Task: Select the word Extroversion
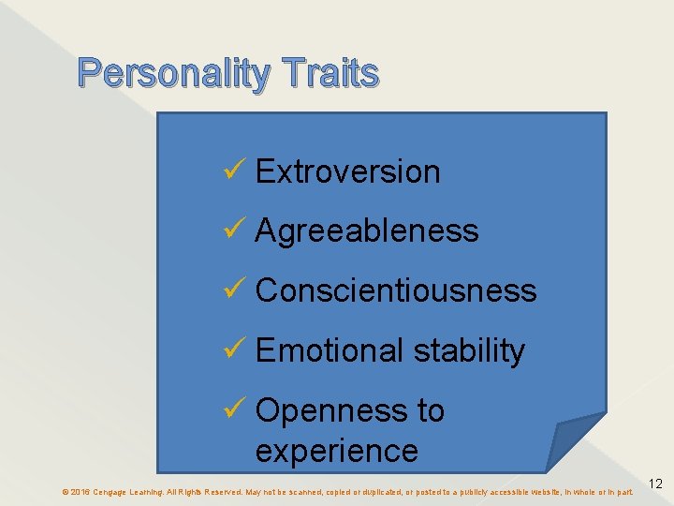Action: point(347,171)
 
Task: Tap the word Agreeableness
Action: point(366,231)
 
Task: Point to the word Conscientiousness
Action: point(396,290)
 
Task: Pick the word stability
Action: point(469,350)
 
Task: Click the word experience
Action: point(336,451)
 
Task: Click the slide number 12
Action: point(655,484)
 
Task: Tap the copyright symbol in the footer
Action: point(65,492)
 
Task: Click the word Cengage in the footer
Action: point(111,492)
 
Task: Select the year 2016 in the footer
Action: point(81,492)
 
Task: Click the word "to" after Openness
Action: point(430,410)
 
